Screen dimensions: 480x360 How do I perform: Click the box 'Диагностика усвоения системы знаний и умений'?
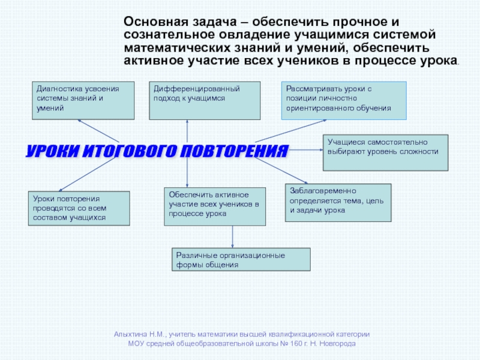click(x=83, y=100)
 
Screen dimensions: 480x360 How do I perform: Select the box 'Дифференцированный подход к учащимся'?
click(x=204, y=100)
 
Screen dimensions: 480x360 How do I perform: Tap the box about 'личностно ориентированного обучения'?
click(x=344, y=100)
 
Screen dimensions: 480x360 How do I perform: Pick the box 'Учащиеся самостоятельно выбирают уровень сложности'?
click(x=385, y=152)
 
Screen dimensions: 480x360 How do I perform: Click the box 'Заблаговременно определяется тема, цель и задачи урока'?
click(x=338, y=202)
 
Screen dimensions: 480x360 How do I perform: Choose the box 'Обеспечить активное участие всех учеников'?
click(x=215, y=206)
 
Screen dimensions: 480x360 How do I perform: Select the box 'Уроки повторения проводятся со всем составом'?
click(x=79, y=208)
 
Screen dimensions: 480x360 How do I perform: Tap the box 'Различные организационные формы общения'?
click(x=241, y=260)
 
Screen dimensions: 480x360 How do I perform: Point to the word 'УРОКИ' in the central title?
click(x=50, y=151)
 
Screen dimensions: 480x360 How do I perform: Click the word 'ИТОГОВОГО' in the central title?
click(x=128, y=151)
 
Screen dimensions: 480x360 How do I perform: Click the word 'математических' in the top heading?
click(x=170, y=47)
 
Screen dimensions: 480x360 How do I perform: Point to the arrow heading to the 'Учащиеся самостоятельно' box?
click(x=306, y=149)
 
